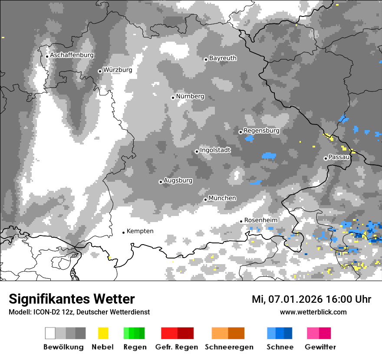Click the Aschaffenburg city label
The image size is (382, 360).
(x=72, y=56)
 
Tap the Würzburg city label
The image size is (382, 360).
(x=118, y=70)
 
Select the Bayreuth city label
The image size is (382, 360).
(x=223, y=58)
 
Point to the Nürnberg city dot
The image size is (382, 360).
(x=173, y=98)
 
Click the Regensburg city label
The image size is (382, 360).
(x=261, y=131)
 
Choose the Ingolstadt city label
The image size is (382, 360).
(x=215, y=151)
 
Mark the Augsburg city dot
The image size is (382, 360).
(x=161, y=182)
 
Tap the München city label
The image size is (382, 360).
(x=222, y=198)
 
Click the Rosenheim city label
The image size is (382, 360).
(x=261, y=220)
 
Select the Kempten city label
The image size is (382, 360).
(x=140, y=231)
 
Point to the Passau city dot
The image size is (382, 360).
(x=326, y=158)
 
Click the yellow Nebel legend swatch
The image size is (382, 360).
(x=103, y=333)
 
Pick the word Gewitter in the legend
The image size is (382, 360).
(x=320, y=347)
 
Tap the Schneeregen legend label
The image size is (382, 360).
(x=229, y=347)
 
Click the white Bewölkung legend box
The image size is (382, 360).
(x=50, y=333)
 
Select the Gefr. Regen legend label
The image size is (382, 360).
(x=176, y=347)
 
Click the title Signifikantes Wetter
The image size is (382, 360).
(x=72, y=299)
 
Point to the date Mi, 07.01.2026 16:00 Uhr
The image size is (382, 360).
(x=311, y=299)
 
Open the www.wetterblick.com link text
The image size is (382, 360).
(x=313, y=312)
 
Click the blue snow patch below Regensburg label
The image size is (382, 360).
(x=250, y=138)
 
